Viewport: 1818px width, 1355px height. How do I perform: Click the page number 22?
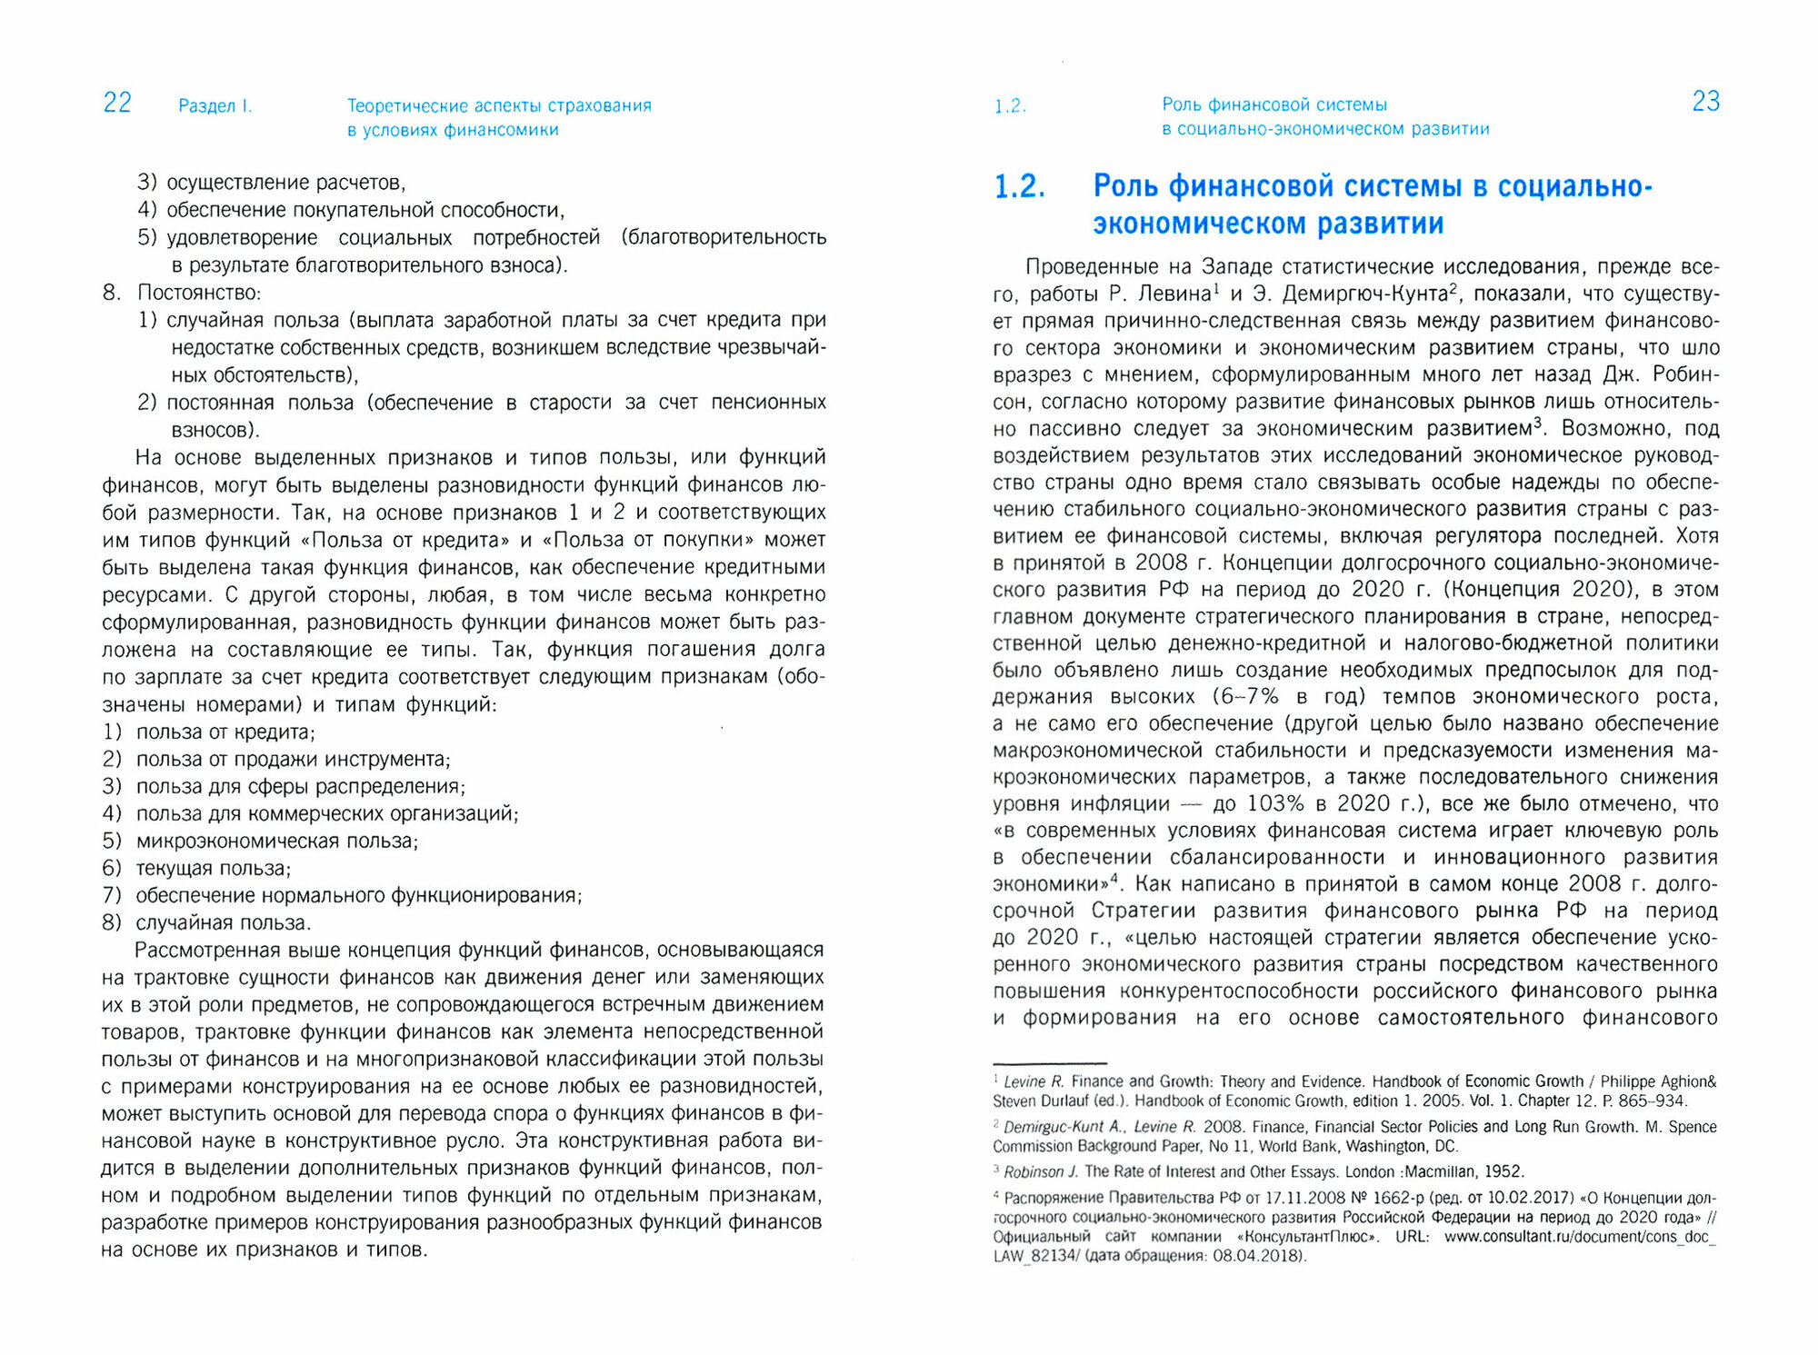tap(117, 103)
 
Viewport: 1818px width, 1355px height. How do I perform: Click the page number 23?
tap(1705, 102)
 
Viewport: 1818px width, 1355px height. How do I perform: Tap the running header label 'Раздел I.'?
tap(215, 106)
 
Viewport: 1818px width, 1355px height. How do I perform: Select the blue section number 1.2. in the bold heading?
tap(1019, 187)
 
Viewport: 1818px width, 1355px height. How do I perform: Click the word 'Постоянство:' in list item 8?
tap(198, 293)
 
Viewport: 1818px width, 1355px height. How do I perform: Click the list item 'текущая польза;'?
tap(213, 869)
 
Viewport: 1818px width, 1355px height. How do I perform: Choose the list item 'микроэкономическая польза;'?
tap(276, 842)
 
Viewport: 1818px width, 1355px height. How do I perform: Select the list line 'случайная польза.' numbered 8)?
tap(223, 923)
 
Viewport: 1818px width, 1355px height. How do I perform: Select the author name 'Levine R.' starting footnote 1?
tap(1034, 1082)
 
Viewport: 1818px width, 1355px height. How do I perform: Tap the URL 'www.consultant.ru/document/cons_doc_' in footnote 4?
tap(1579, 1237)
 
